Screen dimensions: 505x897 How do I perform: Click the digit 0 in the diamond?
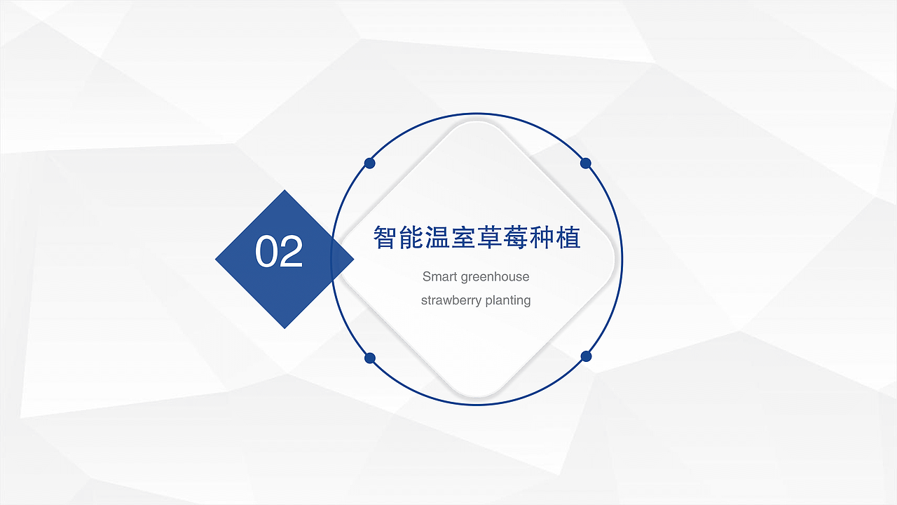click(x=267, y=252)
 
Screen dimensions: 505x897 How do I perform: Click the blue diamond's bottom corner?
click(x=285, y=326)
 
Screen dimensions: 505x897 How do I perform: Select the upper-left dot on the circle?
click(x=370, y=163)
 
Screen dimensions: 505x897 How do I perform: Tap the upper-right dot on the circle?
click(x=586, y=163)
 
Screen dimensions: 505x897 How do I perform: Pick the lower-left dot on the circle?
click(x=370, y=358)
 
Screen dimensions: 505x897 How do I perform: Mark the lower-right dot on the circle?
click(x=587, y=356)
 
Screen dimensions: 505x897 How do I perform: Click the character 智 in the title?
click(x=385, y=238)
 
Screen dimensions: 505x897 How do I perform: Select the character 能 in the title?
click(x=411, y=238)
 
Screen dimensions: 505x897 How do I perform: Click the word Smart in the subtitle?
click(x=438, y=276)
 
